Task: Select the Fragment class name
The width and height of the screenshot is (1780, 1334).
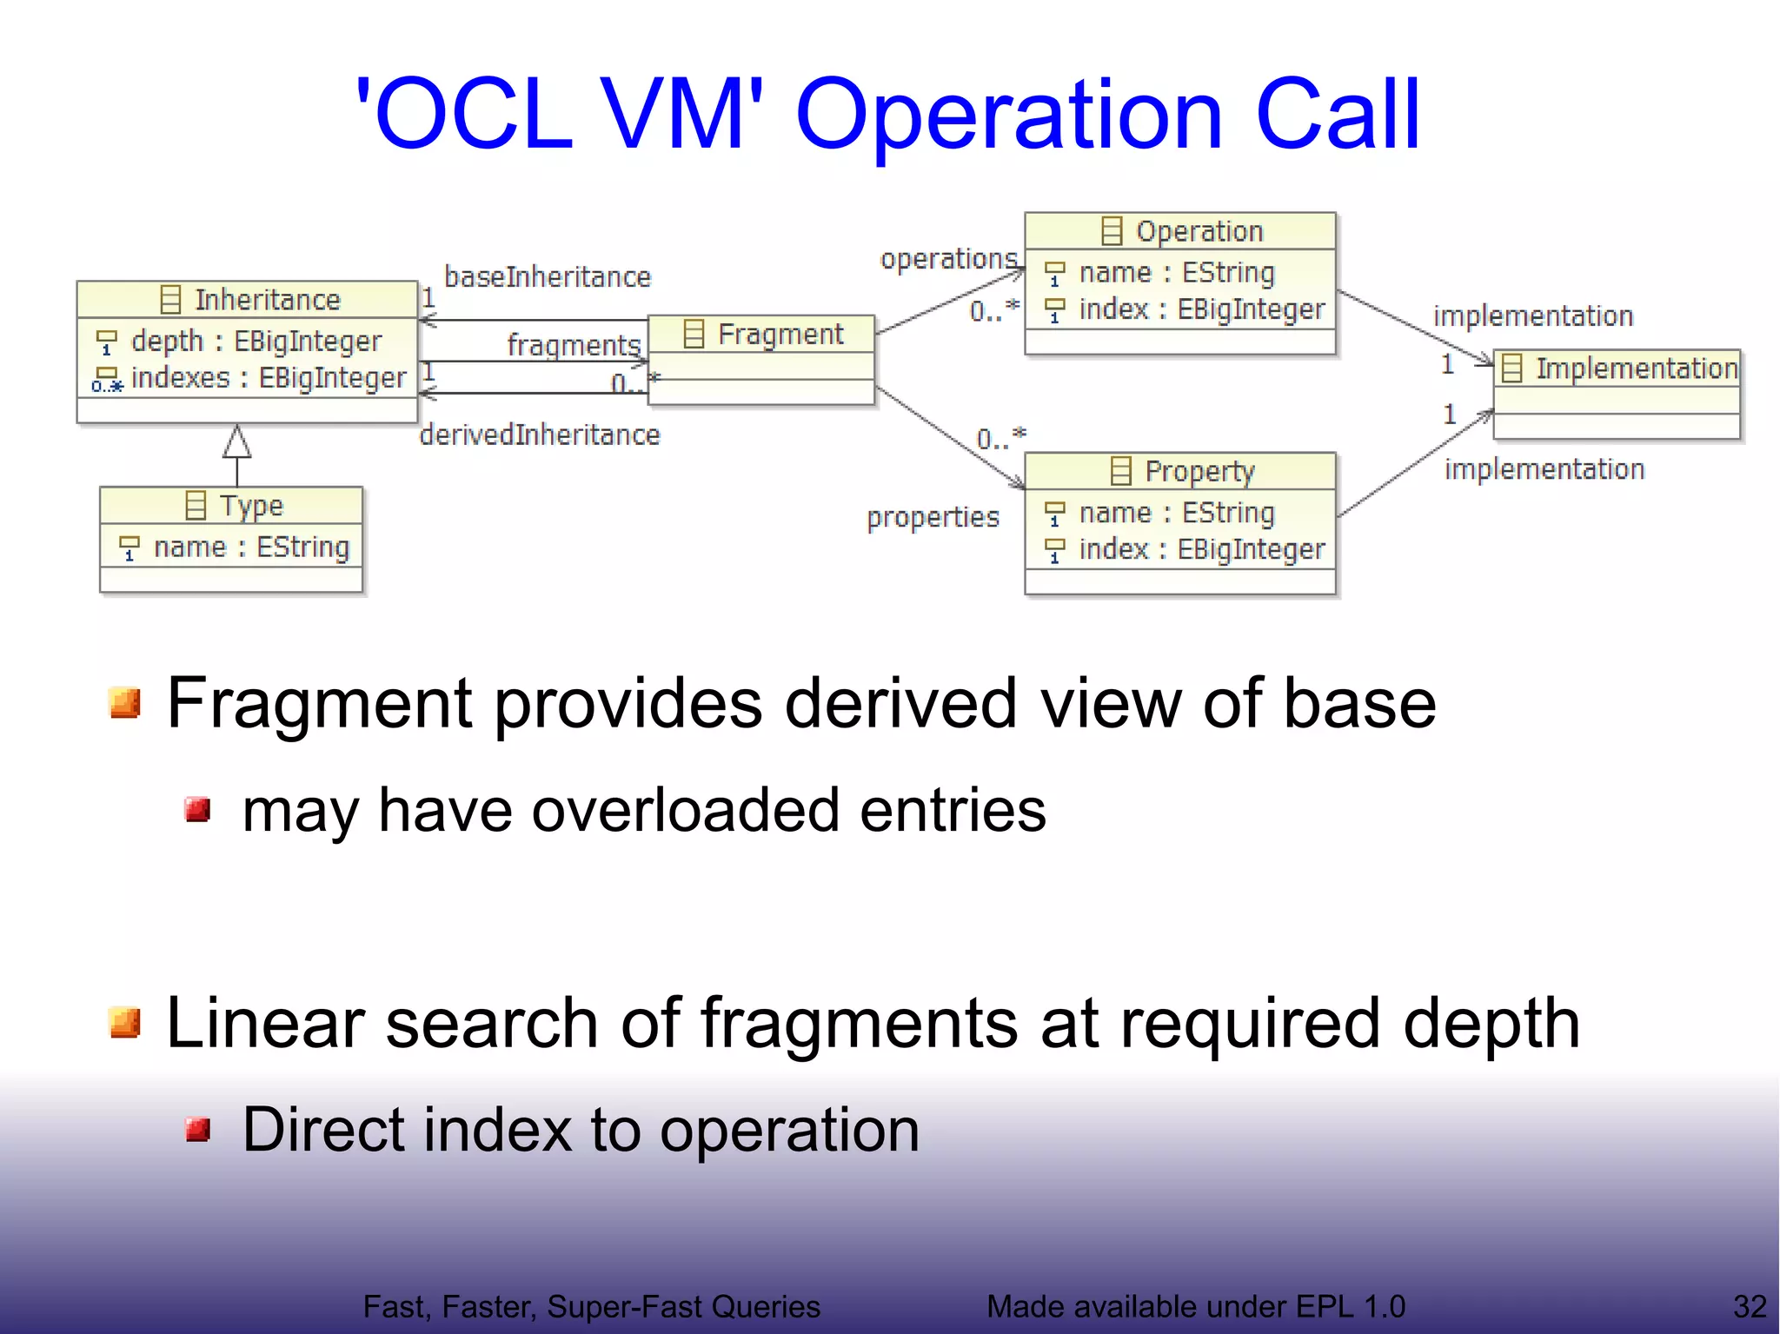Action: tap(780, 335)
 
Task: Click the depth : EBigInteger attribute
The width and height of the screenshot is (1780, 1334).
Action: tap(256, 341)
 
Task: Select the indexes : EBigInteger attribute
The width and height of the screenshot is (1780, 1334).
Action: tap(268, 378)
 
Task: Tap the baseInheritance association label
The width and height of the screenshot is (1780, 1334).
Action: tap(547, 277)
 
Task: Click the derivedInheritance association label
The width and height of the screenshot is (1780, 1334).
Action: tap(540, 435)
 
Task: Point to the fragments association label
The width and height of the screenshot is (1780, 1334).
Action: tap(574, 345)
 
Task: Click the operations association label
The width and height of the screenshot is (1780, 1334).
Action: tap(948, 259)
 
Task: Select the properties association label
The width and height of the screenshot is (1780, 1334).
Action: tap(933, 517)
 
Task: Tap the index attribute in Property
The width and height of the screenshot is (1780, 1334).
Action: tap(1201, 549)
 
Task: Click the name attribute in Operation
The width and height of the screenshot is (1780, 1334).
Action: tap(1176, 273)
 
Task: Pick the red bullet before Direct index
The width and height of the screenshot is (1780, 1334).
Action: tap(198, 1130)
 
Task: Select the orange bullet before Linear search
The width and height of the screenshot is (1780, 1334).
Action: tap(126, 1023)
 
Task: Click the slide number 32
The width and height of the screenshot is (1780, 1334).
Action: tap(1750, 1306)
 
